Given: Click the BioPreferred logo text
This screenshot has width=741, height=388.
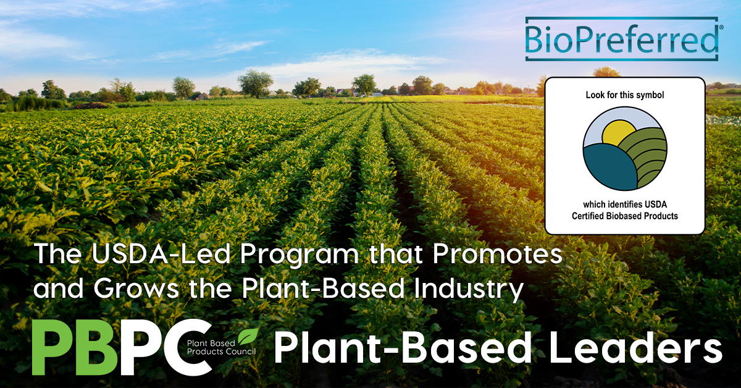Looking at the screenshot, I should pyautogui.click(x=621, y=38).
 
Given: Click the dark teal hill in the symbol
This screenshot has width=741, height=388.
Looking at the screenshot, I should pyautogui.click(x=608, y=167).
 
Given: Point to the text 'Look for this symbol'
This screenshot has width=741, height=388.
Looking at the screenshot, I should pyautogui.click(x=625, y=96).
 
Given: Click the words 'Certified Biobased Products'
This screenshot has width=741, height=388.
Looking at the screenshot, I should pyautogui.click(x=625, y=216).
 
